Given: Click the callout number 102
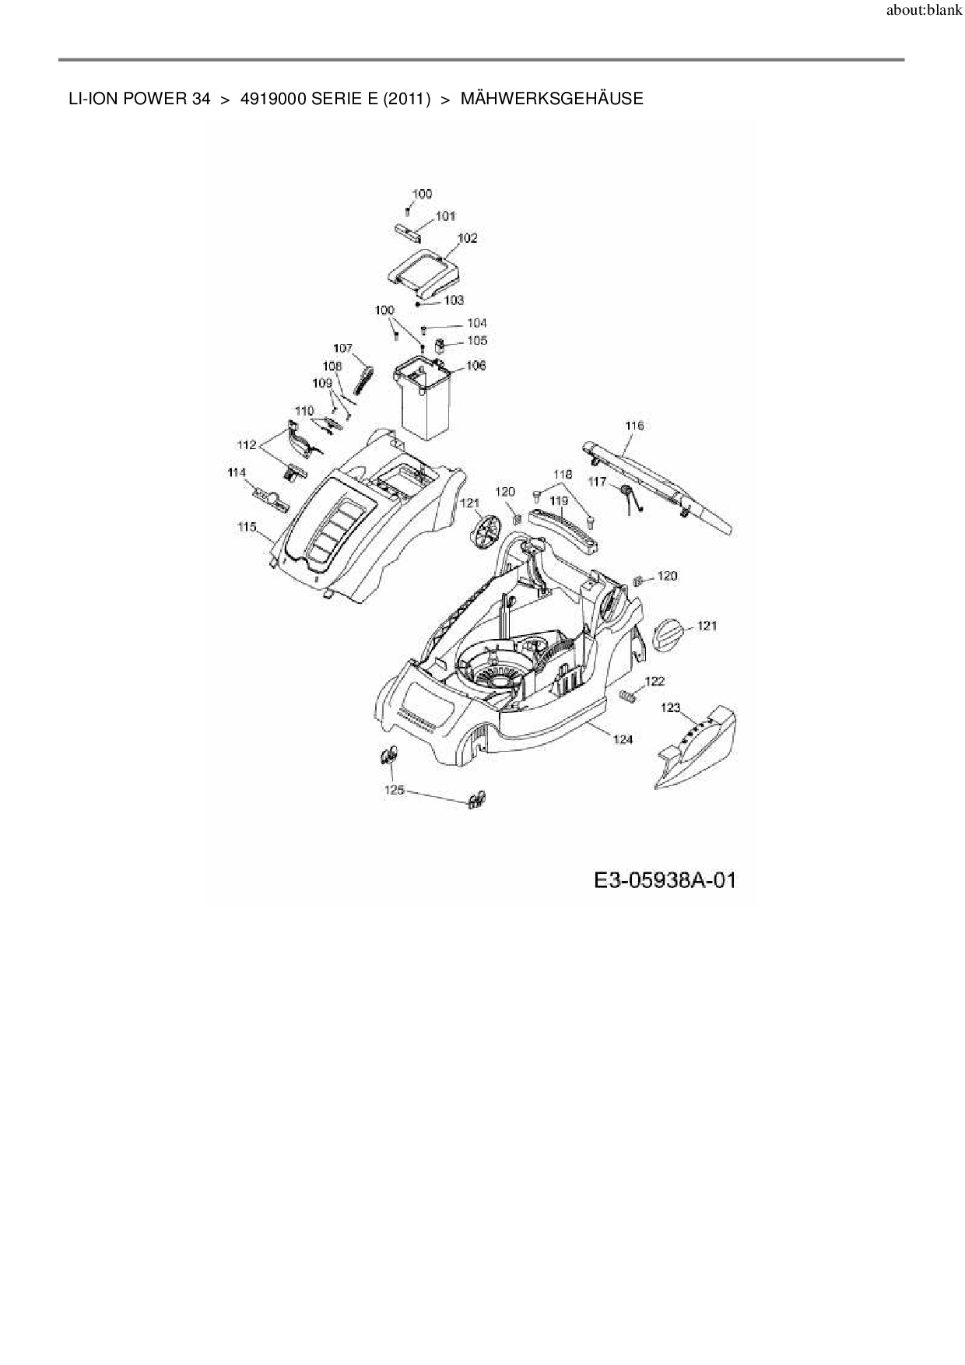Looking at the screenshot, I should coord(467,238).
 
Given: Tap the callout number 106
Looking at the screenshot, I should coord(475,365).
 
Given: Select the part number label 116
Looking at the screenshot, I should coord(634,426).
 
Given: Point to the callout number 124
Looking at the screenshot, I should coord(623,739).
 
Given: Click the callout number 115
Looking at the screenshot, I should coord(247,527).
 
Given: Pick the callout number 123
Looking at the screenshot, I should coord(670,707).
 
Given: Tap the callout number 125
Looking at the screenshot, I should coord(395,789).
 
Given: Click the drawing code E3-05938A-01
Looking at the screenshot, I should coord(664,880).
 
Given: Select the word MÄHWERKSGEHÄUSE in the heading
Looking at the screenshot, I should coord(552,99).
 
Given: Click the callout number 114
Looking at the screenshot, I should coord(236,472).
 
